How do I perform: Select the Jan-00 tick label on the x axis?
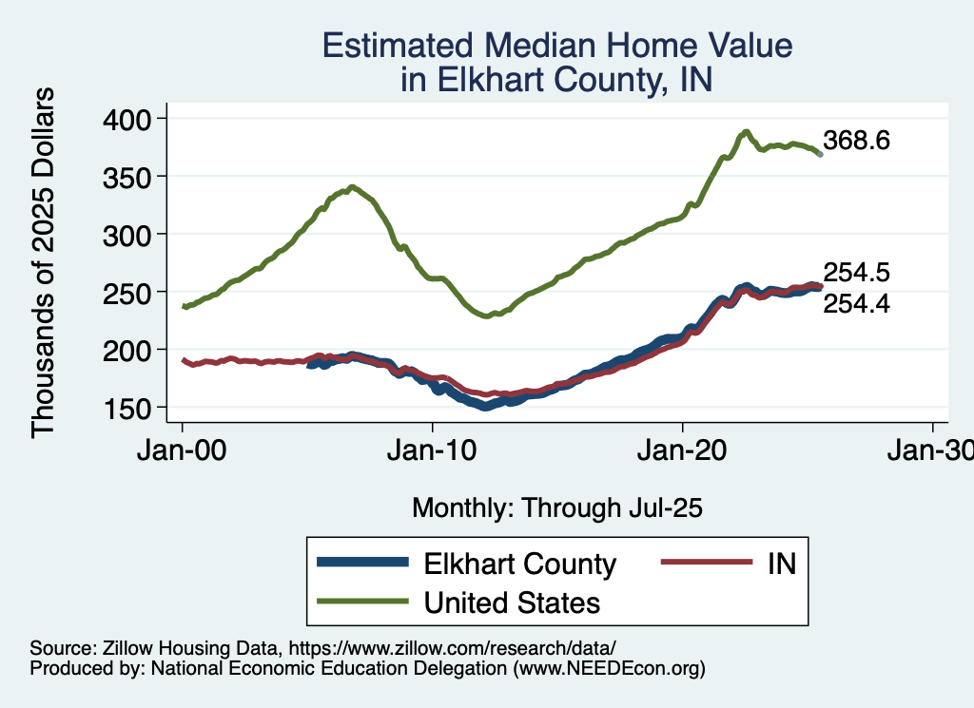click(x=182, y=451)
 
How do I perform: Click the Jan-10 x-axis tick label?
click(x=433, y=451)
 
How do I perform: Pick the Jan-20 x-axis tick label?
click(x=683, y=451)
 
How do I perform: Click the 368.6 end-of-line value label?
click(x=856, y=142)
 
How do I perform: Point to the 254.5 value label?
click(x=856, y=273)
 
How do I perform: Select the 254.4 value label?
click(x=856, y=303)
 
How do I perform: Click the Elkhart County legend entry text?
click(x=519, y=564)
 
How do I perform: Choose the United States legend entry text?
click(x=512, y=602)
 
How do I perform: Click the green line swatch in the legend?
click(x=363, y=602)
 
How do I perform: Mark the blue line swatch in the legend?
click(x=363, y=564)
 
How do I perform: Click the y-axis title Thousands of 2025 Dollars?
click(x=45, y=262)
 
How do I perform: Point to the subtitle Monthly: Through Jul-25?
click(x=556, y=508)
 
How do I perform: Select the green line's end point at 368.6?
click(x=820, y=153)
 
